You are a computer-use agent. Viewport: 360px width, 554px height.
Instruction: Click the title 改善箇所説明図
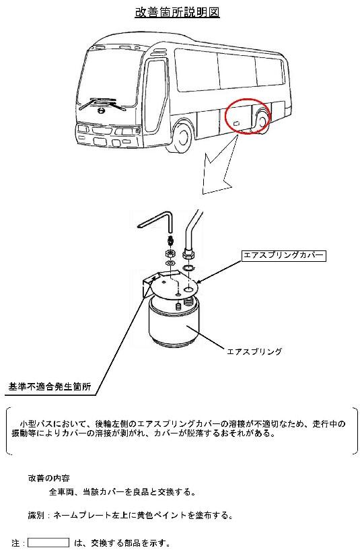[x=178, y=12]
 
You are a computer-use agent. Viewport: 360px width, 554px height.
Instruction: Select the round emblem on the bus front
[x=101, y=111]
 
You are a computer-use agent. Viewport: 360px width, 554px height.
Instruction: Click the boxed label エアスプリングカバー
[x=283, y=255]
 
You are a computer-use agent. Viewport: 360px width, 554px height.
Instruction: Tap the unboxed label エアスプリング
[x=254, y=351]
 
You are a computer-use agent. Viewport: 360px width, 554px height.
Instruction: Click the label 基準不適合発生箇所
[x=50, y=386]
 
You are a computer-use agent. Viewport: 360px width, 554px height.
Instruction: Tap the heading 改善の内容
[x=48, y=478]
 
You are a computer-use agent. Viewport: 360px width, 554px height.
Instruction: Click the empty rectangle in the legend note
[x=48, y=543]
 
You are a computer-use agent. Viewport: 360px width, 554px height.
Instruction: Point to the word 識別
[x=36, y=515]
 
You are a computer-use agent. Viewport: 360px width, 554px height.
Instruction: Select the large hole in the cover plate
[x=189, y=289]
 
